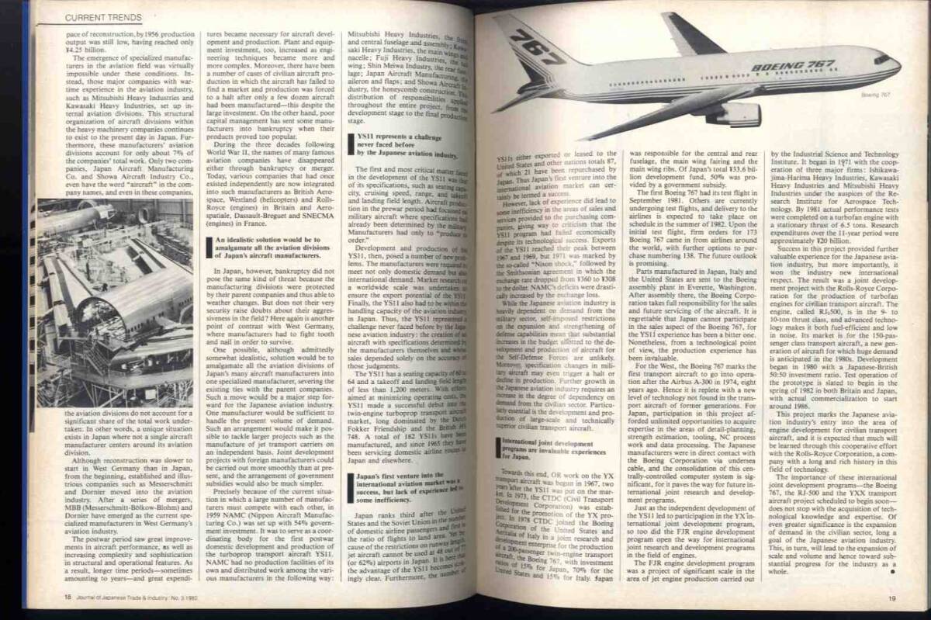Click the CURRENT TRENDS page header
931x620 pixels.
(102, 16)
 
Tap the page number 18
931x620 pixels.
(69, 596)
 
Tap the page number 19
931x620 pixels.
(892, 597)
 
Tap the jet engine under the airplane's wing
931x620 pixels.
(724, 113)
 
